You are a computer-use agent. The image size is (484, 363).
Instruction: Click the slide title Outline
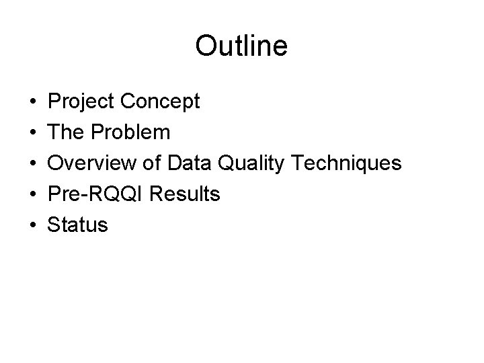point(241,46)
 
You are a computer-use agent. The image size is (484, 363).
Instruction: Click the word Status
point(77,225)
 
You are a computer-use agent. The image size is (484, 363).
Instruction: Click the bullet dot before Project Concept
point(33,102)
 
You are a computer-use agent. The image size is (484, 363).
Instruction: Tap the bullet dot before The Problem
point(33,133)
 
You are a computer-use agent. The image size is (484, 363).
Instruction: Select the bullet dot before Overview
point(33,164)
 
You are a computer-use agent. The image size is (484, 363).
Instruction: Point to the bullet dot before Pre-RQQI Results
point(33,195)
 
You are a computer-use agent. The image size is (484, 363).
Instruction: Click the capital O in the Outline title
point(206,46)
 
